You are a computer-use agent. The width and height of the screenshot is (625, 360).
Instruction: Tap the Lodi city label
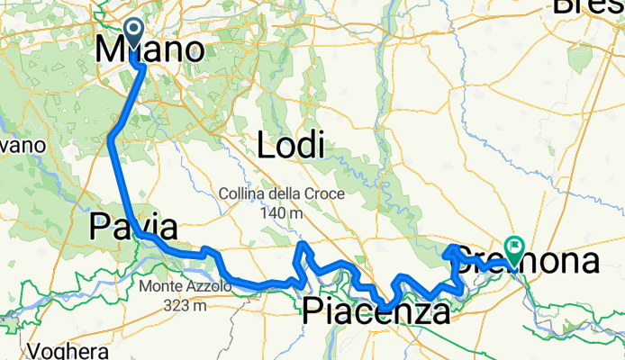point(290,145)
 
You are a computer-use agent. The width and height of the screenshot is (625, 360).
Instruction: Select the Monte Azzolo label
point(185,287)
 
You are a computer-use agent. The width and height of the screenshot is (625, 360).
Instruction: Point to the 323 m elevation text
point(185,306)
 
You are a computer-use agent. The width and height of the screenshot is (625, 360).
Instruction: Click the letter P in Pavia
point(98,228)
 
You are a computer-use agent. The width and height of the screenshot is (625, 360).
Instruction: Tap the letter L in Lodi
point(266,145)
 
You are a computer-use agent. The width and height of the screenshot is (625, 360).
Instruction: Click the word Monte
point(160,287)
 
